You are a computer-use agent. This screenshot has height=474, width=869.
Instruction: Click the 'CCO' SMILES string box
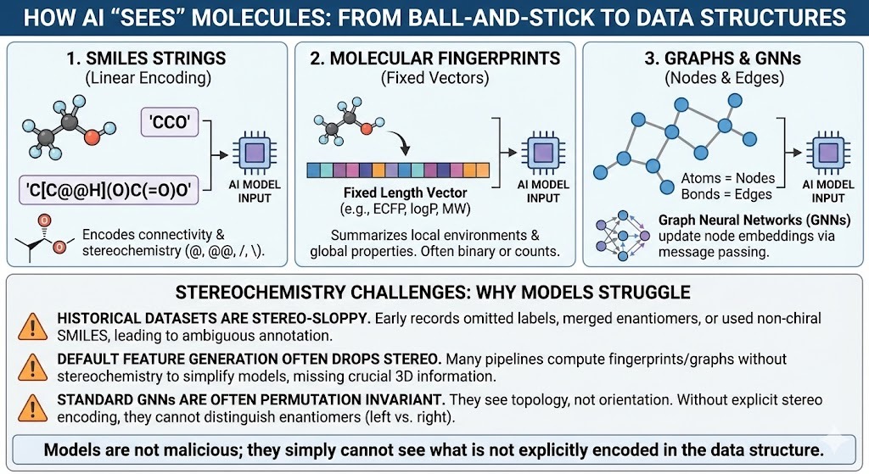(x=170, y=122)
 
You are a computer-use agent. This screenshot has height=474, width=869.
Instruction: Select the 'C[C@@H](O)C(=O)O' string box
(x=109, y=191)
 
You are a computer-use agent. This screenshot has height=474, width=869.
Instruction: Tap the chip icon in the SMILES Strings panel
(x=255, y=153)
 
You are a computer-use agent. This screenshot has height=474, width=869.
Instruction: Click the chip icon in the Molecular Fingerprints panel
(x=542, y=153)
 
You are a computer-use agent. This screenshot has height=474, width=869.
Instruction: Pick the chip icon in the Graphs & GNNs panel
(x=828, y=153)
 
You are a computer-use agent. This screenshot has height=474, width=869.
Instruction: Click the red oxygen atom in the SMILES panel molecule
(x=92, y=137)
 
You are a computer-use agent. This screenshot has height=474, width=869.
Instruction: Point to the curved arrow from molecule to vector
(x=400, y=142)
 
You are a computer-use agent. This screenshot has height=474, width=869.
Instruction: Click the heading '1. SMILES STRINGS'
(x=146, y=59)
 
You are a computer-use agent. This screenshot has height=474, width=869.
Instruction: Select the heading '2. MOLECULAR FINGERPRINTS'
(x=435, y=59)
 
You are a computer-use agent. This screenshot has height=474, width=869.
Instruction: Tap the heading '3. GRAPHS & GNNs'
(x=723, y=59)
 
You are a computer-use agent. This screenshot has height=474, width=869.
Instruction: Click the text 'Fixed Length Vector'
(x=405, y=192)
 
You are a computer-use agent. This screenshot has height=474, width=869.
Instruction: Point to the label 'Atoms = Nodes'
(x=727, y=178)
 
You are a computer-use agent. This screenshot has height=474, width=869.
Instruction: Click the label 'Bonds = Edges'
(x=726, y=194)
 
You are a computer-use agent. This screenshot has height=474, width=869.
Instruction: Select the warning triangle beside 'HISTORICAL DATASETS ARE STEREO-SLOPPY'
(x=33, y=326)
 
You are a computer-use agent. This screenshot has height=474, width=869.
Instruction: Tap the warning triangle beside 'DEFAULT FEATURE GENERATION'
(x=33, y=367)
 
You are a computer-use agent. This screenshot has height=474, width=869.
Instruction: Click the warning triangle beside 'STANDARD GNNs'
(x=33, y=408)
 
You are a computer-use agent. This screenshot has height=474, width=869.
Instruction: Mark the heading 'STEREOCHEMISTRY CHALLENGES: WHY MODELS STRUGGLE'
(x=433, y=293)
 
